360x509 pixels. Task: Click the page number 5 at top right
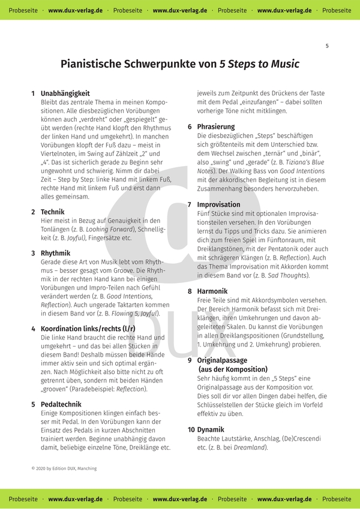[327, 46]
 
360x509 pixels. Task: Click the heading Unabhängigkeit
[65, 94]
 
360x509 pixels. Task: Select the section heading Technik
[53, 212]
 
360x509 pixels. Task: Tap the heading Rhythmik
[55, 253]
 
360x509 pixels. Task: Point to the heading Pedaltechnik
[62, 404]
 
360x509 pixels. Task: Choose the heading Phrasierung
[216, 127]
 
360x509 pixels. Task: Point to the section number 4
[33, 329]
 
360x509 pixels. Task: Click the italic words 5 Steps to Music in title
[259, 64]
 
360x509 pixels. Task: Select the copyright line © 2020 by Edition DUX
[64, 468]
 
